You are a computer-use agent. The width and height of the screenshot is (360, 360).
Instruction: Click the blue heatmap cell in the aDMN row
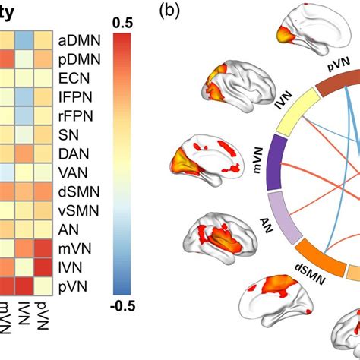point(25,39)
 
